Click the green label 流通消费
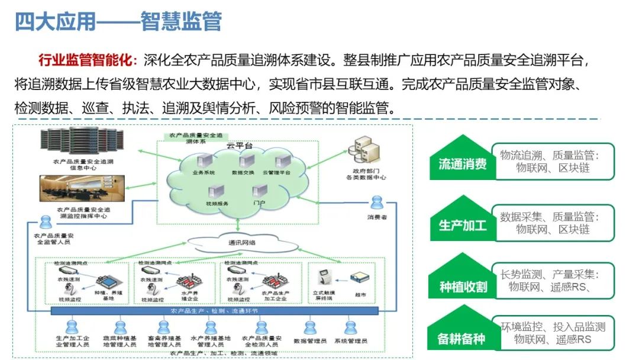tap(462, 164)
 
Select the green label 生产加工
tap(462, 226)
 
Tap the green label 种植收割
tap(462, 287)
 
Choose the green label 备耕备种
tap(461, 338)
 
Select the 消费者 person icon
tap(376, 204)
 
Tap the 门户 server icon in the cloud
tap(259, 192)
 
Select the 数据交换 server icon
tap(243, 160)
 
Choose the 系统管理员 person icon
tap(350, 327)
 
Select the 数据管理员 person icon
tap(309, 327)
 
